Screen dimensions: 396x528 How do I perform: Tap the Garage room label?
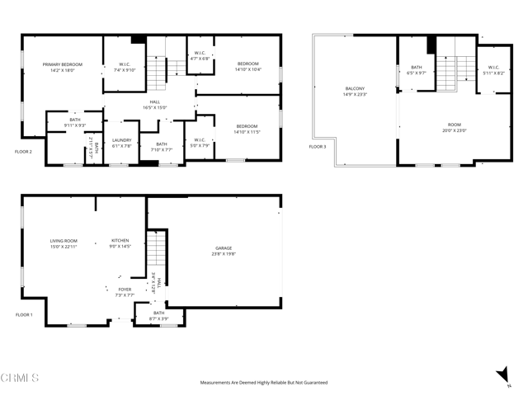(x=224, y=248)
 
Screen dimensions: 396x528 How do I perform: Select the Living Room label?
(x=63, y=241)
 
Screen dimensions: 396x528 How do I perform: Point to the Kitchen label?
(x=120, y=241)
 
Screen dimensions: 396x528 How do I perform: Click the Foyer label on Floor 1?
(x=124, y=290)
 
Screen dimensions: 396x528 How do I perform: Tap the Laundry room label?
(x=122, y=140)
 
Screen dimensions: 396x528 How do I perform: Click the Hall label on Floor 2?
(x=155, y=101)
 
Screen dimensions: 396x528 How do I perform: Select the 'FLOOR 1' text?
(x=24, y=315)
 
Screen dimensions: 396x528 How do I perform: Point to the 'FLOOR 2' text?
(x=24, y=152)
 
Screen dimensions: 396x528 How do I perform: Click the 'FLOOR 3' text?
(x=318, y=147)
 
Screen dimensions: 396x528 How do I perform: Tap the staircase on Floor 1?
(x=156, y=256)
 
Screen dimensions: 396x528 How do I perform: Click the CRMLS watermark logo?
(x=20, y=378)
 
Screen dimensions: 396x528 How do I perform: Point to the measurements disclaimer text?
(x=263, y=383)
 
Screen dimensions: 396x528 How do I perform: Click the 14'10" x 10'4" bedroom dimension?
(x=247, y=69)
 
